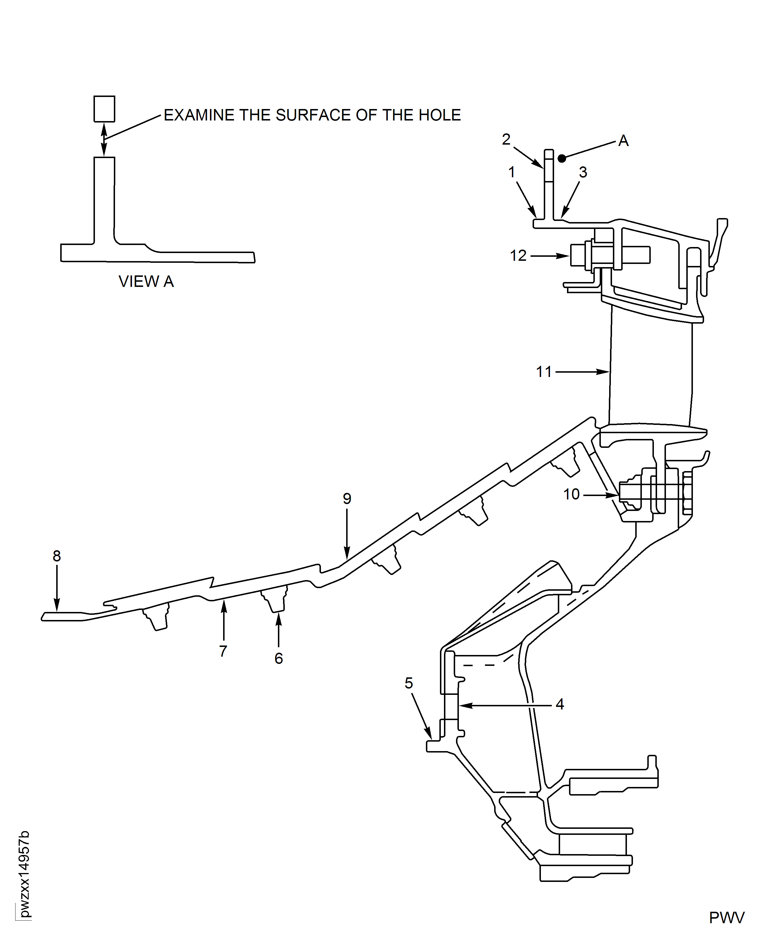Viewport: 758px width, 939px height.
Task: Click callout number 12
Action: click(518, 256)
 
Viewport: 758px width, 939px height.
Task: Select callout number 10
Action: click(571, 494)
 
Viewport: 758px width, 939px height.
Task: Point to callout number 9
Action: click(347, 498)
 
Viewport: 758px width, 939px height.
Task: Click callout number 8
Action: click(57, 556)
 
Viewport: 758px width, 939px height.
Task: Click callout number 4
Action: click(560, 704)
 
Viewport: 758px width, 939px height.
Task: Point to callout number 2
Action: click(506, 139)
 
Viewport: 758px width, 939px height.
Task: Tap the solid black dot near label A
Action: click(562, 158)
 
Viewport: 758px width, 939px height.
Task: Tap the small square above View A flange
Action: click(104, 109)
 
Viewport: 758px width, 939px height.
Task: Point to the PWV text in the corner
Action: click(726, 917)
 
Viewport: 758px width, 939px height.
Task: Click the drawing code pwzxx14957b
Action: click(24, 874)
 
